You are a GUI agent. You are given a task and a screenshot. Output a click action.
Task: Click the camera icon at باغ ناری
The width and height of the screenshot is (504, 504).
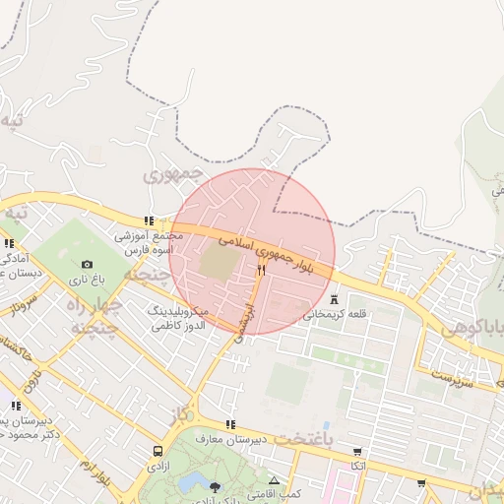click(88, 264)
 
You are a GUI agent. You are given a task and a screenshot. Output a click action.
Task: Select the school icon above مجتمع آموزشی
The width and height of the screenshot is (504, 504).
click(149, 221)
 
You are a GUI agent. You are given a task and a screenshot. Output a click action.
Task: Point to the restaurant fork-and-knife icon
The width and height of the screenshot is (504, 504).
click(261, 270)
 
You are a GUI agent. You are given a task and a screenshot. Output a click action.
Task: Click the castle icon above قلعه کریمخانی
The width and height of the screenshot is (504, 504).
click(335, 299)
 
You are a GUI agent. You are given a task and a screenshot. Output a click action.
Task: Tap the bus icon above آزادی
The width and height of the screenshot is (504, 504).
click(157, 451)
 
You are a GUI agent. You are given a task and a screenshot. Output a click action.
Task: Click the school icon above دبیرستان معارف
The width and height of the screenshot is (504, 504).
click(230, 424)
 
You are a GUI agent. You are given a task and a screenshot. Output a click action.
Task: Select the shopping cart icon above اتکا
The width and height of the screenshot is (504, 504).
click(356, 452)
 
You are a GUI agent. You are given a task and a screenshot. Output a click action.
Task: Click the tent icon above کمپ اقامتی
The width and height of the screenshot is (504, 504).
click(274, 480)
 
